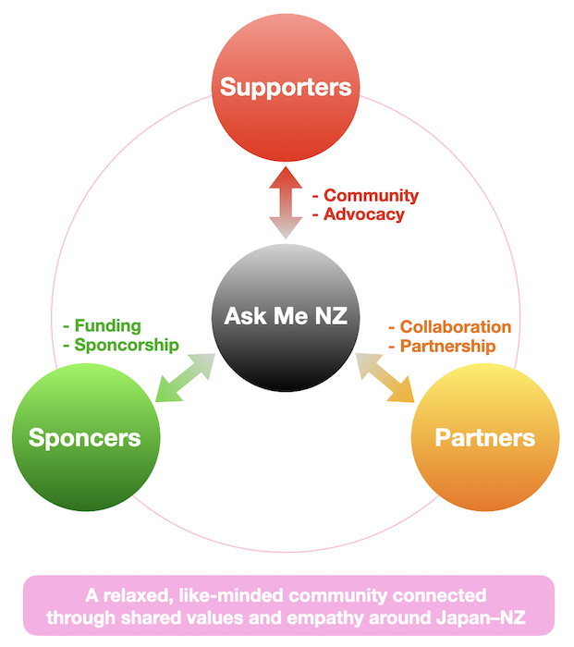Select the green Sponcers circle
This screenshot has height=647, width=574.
pyautogui.click(x=85, y=437)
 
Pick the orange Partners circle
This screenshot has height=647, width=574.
pyautogui.click(x=484, y=437)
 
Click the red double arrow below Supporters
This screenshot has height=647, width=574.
pyautogui.click(x=286, y=201)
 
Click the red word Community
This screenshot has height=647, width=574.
pyautogui.click(x=371, y=196)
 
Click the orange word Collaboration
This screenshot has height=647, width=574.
pyautogui.click(x=456, y=327)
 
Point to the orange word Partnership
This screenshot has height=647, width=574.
pyautogui.click(x=447, y=346)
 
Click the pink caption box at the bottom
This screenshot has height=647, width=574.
pyautogui.click(x=287, y=605)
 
